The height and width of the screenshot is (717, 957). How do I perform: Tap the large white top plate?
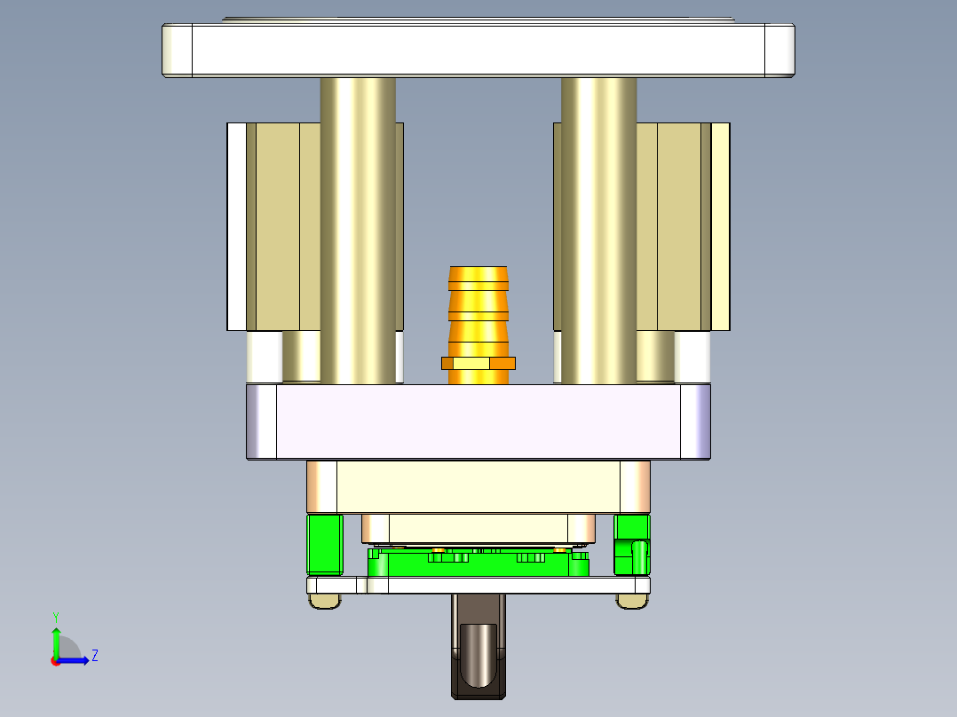click(478, 50)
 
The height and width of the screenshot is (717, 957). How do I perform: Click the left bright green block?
click(325, 543)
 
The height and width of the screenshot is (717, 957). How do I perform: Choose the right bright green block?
click(632, 543)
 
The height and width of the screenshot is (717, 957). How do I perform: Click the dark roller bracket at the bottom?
click(478, 657)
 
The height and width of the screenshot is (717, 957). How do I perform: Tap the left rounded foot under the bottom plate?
click(324, 601)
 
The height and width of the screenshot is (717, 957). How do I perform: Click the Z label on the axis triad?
click(94, 656)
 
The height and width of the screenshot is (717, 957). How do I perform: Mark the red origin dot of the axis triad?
click(56, 660)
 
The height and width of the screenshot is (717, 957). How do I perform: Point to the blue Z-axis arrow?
click(76, 660)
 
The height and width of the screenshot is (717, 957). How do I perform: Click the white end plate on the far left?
click(236, 226)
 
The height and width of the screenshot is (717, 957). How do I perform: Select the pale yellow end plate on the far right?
click(720, 226)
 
